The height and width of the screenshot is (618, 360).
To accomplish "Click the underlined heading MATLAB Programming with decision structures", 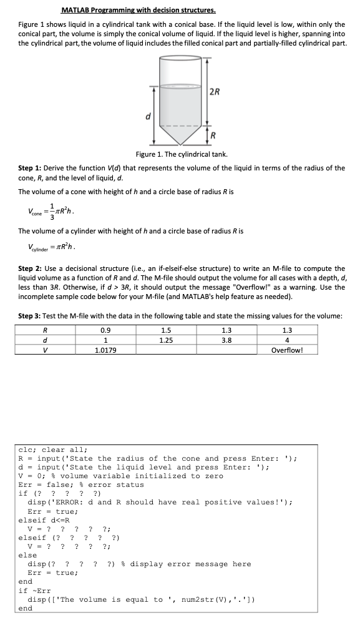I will click(139, 11).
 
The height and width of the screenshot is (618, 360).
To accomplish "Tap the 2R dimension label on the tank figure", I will click(214, 92).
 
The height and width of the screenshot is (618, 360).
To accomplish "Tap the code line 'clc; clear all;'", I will click(53, 449).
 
